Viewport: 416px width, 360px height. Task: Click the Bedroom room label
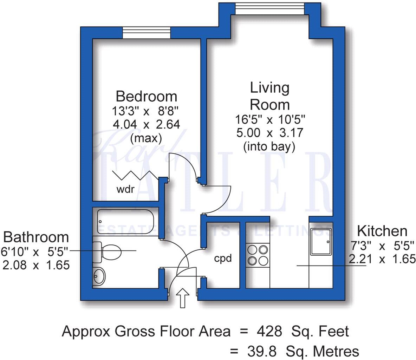coord(146,96)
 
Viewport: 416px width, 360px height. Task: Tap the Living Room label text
coord(269,96)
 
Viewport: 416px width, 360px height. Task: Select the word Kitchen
coord(382,231)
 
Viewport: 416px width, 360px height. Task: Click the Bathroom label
coord(36,237)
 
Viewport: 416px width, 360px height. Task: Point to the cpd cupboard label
coord(223,258)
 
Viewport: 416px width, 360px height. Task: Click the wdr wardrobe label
coord(125,190)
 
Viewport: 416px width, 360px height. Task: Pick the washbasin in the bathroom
coord(99,276)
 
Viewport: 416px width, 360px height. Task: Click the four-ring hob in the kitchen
coord(257,255)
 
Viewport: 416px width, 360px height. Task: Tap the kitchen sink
coord(321,242)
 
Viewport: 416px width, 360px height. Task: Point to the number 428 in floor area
coord(269,331)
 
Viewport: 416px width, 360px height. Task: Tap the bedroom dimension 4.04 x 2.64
coord(146,124)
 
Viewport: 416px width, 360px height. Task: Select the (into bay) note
coord(269,147)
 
